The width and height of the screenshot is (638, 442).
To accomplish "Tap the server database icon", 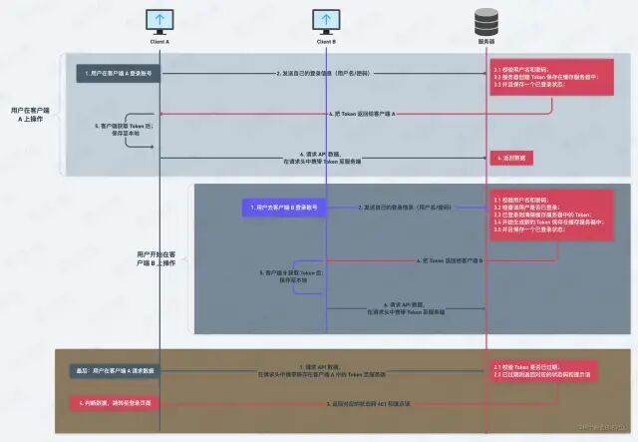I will pos(486,21).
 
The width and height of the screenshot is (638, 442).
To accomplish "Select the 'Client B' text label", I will pos(326,42).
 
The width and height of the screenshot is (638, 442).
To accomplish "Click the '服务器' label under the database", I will pos(486,42).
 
